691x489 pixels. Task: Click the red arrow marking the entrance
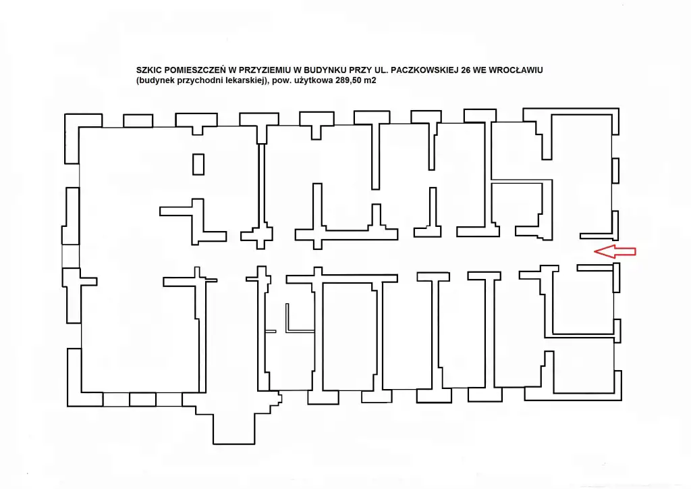[615, 251]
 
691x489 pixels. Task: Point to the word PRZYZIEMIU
[263, 70]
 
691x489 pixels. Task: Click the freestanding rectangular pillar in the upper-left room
[198, 164]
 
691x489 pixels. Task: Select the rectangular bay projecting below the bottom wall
[234, 428]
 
